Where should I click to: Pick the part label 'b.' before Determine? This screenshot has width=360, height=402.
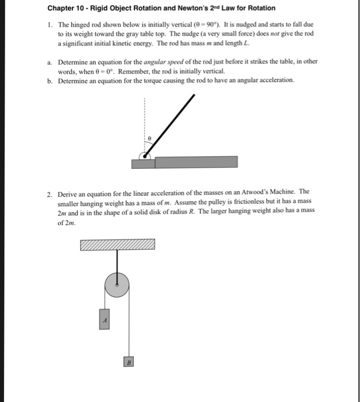50,80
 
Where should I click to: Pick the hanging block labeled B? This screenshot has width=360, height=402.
130,362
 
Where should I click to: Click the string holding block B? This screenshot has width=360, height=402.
130,327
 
